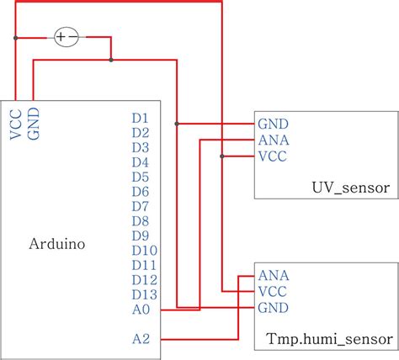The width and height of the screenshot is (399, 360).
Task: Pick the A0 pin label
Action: click(x=141, y=310)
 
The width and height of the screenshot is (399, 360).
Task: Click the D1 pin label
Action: click(x=141, y=119)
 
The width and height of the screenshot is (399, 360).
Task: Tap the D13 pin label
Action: click(x=144, y=294)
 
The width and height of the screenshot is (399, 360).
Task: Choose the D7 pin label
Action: click(x=141, y=206)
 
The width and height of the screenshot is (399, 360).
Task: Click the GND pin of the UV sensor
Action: click(x=275, y=124)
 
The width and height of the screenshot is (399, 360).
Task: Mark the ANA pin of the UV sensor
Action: click(x=275, y=140)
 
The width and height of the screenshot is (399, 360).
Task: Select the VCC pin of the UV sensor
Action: click(x=275, y=156)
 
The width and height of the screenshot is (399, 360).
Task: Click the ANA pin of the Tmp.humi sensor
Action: click(x=275, y=275)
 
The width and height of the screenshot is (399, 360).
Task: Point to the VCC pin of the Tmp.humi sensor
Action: click(x=275, y=291)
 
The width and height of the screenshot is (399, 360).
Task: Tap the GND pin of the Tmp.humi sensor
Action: click(x=275, y=307)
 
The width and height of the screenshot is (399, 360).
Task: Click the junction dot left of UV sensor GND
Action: click(x=177, y=124)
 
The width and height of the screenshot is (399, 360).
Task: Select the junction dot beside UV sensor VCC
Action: click(x=221, y=156)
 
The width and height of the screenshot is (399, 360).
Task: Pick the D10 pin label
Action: click(x=144, y=251)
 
